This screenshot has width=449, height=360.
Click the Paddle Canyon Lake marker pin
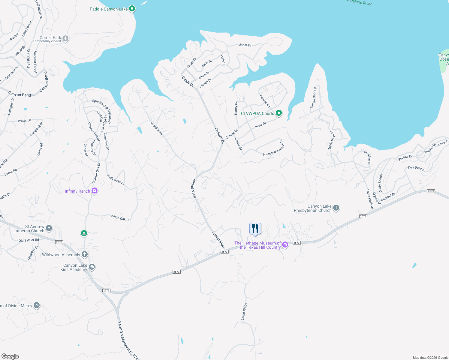132,9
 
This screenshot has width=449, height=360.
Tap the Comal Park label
50,37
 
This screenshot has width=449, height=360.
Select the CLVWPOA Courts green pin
279,113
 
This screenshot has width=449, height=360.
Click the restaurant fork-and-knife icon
255,229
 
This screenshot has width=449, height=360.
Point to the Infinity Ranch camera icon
95,191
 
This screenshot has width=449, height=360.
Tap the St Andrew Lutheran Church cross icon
49,228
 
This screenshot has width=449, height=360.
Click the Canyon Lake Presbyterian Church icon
336,208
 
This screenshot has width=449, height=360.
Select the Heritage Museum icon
285,245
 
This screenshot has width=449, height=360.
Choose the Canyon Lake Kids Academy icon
92,267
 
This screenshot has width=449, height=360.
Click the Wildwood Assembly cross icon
85,254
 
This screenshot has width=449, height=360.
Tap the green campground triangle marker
84,233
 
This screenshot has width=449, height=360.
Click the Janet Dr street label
245,45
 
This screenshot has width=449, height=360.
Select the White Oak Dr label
120,218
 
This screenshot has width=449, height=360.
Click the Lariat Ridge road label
244,311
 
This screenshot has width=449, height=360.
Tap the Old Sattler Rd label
29,240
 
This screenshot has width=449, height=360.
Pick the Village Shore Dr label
314,97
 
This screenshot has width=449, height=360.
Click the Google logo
10,356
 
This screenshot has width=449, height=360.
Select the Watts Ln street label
24,121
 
